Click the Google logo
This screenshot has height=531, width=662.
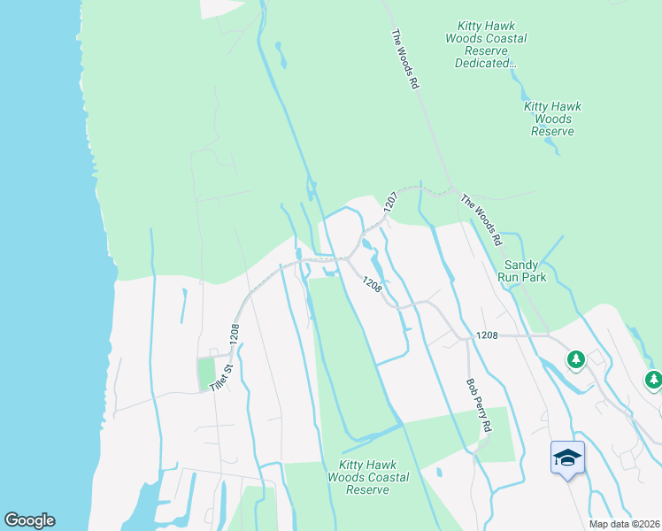(x=29, y=520)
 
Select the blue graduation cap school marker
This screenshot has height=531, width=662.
(x=567, y=458)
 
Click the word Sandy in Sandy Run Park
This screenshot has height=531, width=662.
(x=521, y=265)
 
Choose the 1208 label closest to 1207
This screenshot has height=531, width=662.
(x=372, y=285)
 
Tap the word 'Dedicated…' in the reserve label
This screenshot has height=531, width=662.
(x=484, y=63)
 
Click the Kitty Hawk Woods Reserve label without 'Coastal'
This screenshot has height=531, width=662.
(x=552, y=119)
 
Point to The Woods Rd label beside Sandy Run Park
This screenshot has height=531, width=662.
(x=482, y=219)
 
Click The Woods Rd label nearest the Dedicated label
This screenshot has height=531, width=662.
(x=404, y=59)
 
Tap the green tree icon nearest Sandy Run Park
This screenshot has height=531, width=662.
(x=576, y=359)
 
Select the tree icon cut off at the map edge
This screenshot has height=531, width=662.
(x=653, y=379)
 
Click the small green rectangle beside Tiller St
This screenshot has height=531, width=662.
(x=206, y=372)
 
